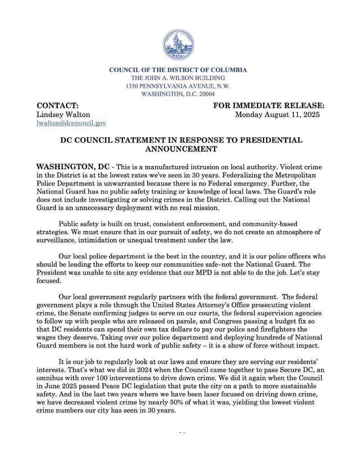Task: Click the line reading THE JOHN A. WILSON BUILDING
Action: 178,78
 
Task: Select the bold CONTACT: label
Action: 58,106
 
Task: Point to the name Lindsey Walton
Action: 63,114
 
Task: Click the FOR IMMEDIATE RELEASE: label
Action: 269,106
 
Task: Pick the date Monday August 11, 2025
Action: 277,114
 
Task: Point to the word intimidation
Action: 103,240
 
